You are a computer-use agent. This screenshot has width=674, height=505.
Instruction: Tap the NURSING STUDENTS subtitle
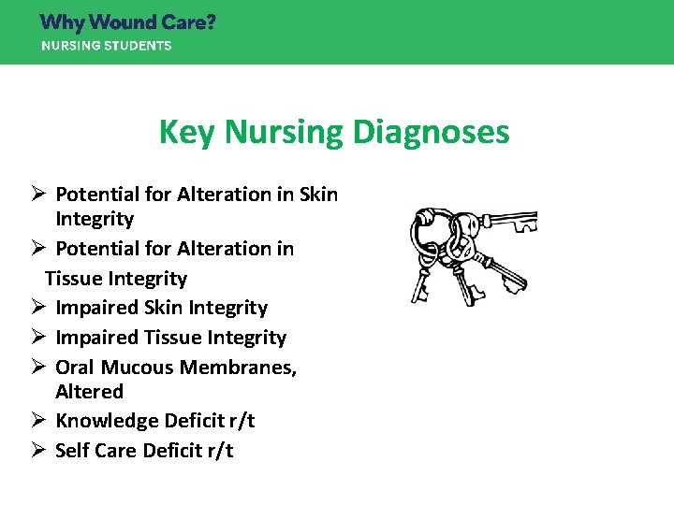106,45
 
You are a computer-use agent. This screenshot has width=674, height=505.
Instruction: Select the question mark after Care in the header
210,22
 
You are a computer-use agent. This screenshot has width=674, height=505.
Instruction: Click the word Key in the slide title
184,132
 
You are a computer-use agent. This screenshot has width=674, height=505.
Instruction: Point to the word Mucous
140,368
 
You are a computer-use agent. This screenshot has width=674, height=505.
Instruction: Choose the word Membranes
241,368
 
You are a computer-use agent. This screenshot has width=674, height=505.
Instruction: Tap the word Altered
89,392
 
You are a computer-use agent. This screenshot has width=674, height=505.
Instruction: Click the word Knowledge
103,421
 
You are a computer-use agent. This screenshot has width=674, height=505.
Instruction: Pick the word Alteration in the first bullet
226,195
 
